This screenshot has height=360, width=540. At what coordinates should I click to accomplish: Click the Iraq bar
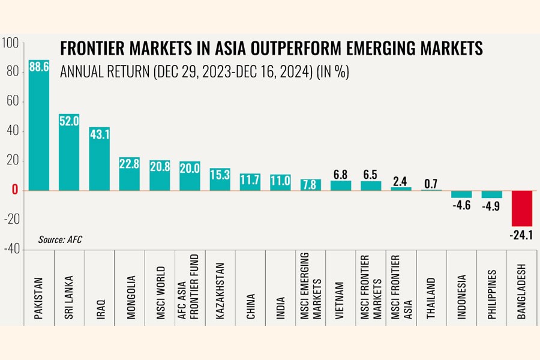[x=100, y=159]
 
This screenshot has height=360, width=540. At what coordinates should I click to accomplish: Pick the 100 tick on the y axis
[x=11, y=43]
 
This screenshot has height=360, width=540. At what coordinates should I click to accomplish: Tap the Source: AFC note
[x=60, y=239]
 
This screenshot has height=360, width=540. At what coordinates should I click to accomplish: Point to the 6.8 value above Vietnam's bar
[x=341, y=175]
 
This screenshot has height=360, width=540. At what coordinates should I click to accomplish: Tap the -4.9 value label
[x=492, y=205]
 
